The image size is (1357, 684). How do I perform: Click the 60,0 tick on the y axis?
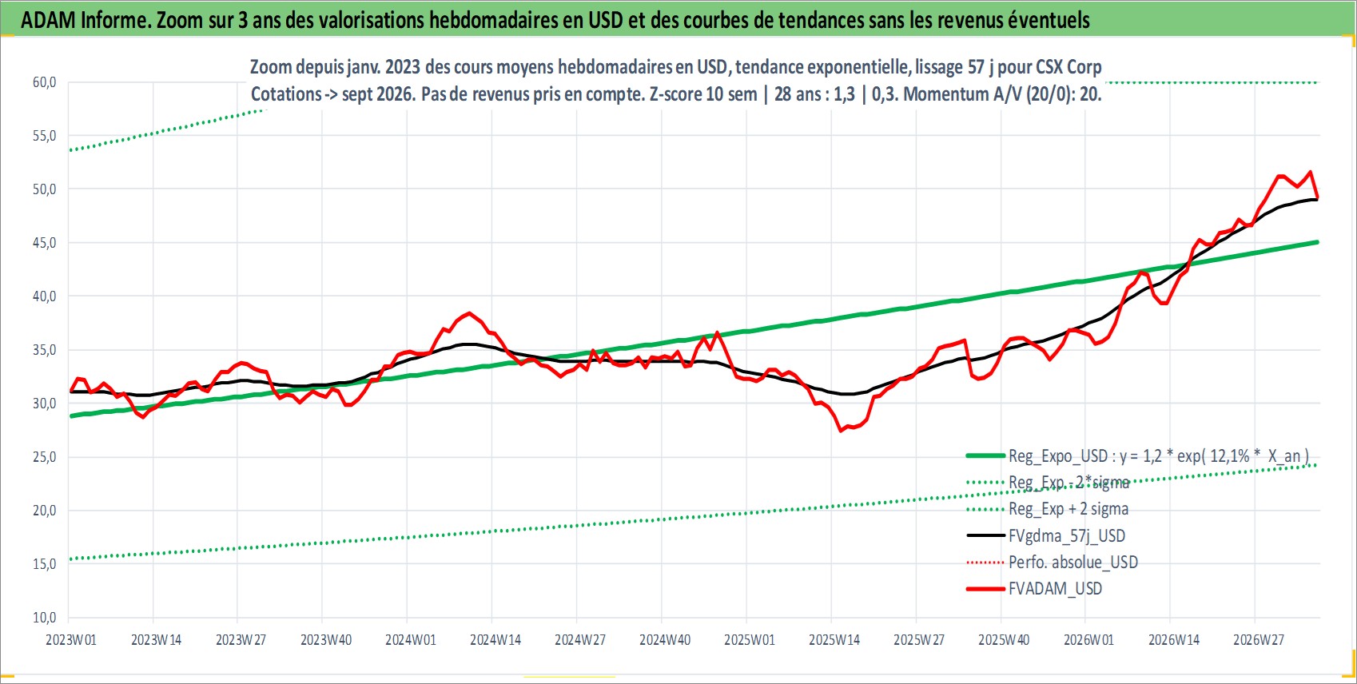pyautogui.click(x=44, y=82)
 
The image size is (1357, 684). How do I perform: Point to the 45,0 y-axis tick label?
pyautogui.click(x=44, y=243)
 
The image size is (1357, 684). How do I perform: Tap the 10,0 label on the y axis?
pyautogui.click(x=44, y=618)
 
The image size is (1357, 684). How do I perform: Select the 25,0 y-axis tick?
pyautogui.click(x=44, y=457)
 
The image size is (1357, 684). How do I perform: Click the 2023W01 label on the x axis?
pyautogui.click(x=71, y=640)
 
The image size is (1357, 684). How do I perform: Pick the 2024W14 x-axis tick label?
pyautogui.click(x=495, y=640)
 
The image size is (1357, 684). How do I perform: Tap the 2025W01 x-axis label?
pyautogui.click(x=750, y=640)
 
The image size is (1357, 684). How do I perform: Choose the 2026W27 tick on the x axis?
pyautogui.click(x=1258, y=640)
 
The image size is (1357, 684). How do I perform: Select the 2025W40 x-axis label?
pyautogui.click(x=1004, y=640)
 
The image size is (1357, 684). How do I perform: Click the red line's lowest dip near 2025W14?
pyautogui.click(x=841, y=431)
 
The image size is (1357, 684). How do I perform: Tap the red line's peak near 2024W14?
pyautogui.click(x=469, y=313)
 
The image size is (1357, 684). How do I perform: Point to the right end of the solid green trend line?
pyautogui.click(x=1318, y=242)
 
